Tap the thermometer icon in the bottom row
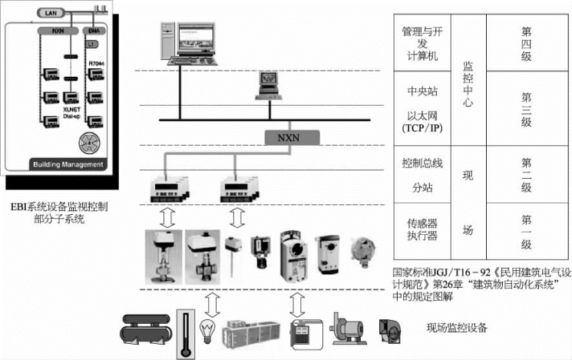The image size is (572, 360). click(x=184, y=332)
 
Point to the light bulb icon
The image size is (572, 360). click(x=207, y=332)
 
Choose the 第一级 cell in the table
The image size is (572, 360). click(x=526, y=233)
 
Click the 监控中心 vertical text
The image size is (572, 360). click(x=468, y=84)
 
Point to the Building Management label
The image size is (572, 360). click(x=66, y=164)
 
